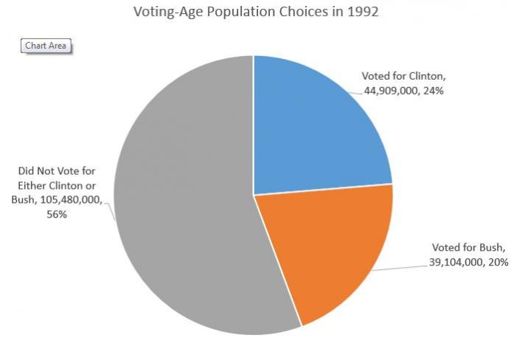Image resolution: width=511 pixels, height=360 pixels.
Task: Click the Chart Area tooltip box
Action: coord(46,46)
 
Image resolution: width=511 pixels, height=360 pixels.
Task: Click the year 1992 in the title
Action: coord(364,13)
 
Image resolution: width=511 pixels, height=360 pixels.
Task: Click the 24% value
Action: coord(434,91)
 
